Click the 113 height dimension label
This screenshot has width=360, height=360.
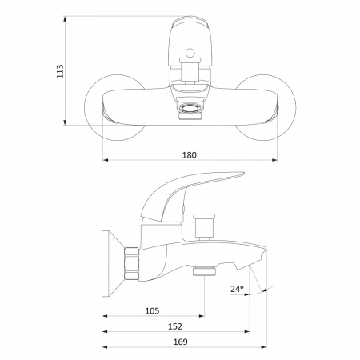[x=60, y=71]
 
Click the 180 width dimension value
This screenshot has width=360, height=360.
[x=190, y=155]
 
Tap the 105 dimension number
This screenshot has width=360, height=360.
[x=152, y=310]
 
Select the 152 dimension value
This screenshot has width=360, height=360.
[x=175, y=326]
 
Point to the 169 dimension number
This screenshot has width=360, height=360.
[x=181, y=342]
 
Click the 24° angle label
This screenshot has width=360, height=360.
[x=237, y=289]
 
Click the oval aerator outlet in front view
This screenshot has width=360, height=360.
[x=190, y=109]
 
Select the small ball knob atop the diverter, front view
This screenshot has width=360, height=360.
[x=190, y=53]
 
